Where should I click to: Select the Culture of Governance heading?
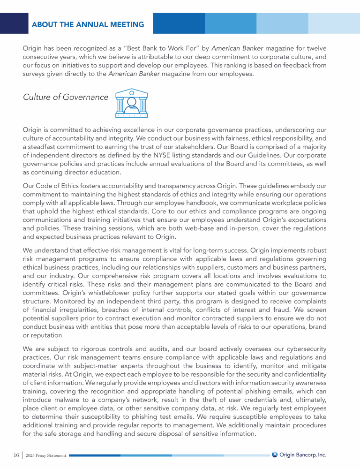(65, 97)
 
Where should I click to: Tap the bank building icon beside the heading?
(132, 102)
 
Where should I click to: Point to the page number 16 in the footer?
(16, 455)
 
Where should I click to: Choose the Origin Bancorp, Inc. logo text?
(303, 454)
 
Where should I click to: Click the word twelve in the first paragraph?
(317, 48)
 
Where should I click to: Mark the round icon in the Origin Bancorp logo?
(275, 454)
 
